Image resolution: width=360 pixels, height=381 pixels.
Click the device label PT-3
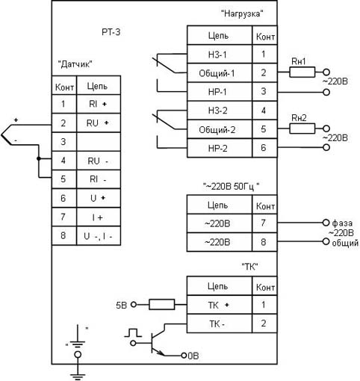(111, 32)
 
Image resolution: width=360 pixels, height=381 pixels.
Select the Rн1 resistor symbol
(302, 72)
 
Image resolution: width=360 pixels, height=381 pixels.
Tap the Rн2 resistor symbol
(302, 128)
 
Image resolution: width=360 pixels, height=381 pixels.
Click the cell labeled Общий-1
(220, 73)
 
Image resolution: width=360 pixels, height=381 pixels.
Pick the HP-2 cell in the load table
(220, 148)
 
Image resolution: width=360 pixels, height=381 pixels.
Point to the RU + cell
(99, 123)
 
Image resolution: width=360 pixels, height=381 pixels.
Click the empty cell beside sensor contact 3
(99, 142)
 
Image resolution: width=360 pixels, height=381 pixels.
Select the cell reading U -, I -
(99, 236)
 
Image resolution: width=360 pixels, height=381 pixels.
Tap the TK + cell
(220, 305)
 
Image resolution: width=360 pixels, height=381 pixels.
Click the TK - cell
(220, 323)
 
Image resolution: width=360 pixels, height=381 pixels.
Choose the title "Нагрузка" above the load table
(242, 13)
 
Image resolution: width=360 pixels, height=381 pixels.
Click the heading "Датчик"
(75, 64)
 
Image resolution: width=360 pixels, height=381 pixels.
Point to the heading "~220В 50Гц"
(232, 186)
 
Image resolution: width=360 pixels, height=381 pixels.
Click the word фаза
(342, 223)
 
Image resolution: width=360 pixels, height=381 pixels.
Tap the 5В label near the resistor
(122, 305)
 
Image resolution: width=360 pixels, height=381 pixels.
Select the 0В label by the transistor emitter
(193, 356)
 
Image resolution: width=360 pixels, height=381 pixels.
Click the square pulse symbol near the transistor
(133, 332)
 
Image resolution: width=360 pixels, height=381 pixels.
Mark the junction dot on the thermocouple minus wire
(39, 158)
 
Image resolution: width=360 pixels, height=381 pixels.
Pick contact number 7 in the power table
(264, 223)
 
